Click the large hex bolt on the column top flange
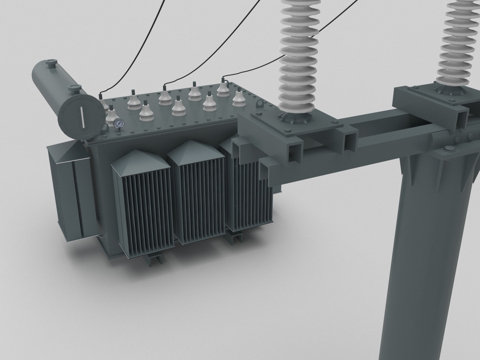[x=447, y=149]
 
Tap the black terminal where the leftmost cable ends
[x=101, y=96]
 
